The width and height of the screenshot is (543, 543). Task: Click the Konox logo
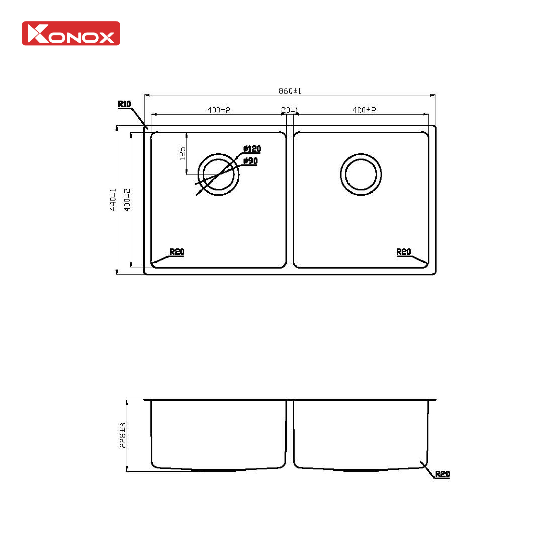(71, 33)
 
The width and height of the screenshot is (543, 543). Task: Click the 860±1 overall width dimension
(290, 91)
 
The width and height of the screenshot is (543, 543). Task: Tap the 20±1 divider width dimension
(290, 110)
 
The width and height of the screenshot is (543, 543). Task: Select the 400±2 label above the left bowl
(218, 110)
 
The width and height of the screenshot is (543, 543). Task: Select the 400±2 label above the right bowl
(364, 110)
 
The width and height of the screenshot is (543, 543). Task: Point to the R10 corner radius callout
(124, 104)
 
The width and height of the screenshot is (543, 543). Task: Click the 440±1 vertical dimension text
(113, 200)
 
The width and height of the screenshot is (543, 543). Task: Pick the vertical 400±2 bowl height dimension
(127, 200)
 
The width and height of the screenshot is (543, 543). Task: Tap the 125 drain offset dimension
(182, 153)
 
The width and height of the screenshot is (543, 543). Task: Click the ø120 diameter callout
(252, 149)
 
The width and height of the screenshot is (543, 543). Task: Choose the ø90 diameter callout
(251, 161)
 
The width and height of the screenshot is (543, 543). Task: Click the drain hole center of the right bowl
(361, 174)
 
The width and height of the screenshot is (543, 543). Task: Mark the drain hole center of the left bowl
(218, 174)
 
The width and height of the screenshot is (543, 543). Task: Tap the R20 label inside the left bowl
(177, 252)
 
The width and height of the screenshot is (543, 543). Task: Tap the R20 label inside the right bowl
(404, 252)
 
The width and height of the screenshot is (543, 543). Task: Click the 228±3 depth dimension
(122, 435)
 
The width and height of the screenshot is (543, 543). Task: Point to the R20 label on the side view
(442, 474)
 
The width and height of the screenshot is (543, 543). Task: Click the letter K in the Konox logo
(38, 34)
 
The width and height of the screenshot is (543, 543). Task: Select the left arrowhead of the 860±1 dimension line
(146, 95)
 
